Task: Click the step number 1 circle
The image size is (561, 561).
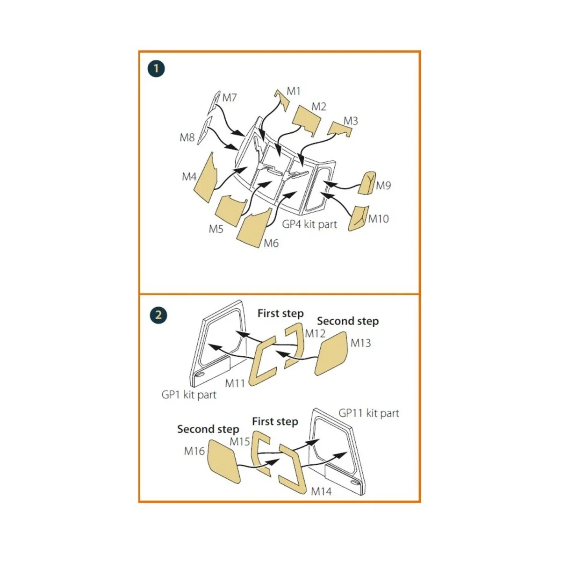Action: pyautogui.click(x=156, y=69)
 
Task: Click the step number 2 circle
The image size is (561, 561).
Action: pyautogui.click(x=158, y=315)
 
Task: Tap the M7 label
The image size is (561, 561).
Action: pyautogui.click(x=230, y=98)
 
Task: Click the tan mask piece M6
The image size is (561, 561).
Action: pyautogui.click(x=254, y=229)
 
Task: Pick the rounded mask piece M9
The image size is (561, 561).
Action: pyautogui.click(x=366, y=183)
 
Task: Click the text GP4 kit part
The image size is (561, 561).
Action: pyautogui.click(x=309, y=224)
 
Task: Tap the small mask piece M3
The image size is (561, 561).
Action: pyautogui.click(x=339, y=128)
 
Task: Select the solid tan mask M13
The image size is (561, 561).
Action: pyautogui.click(x=331, y=354)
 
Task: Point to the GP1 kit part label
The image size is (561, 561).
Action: pyautogui.click(x=189, y=395)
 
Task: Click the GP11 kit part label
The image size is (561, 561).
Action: pyautogui.click(x=369, y=413)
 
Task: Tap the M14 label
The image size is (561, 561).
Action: pyautogui.click(x=321, y=492)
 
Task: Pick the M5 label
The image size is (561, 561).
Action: pyautogui.click(x=216, y=229)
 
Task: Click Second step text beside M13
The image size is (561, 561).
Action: pyautogui.click(x=348, y=321)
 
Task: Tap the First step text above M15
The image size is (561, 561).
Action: pyautogui.click(x=275, y=422)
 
